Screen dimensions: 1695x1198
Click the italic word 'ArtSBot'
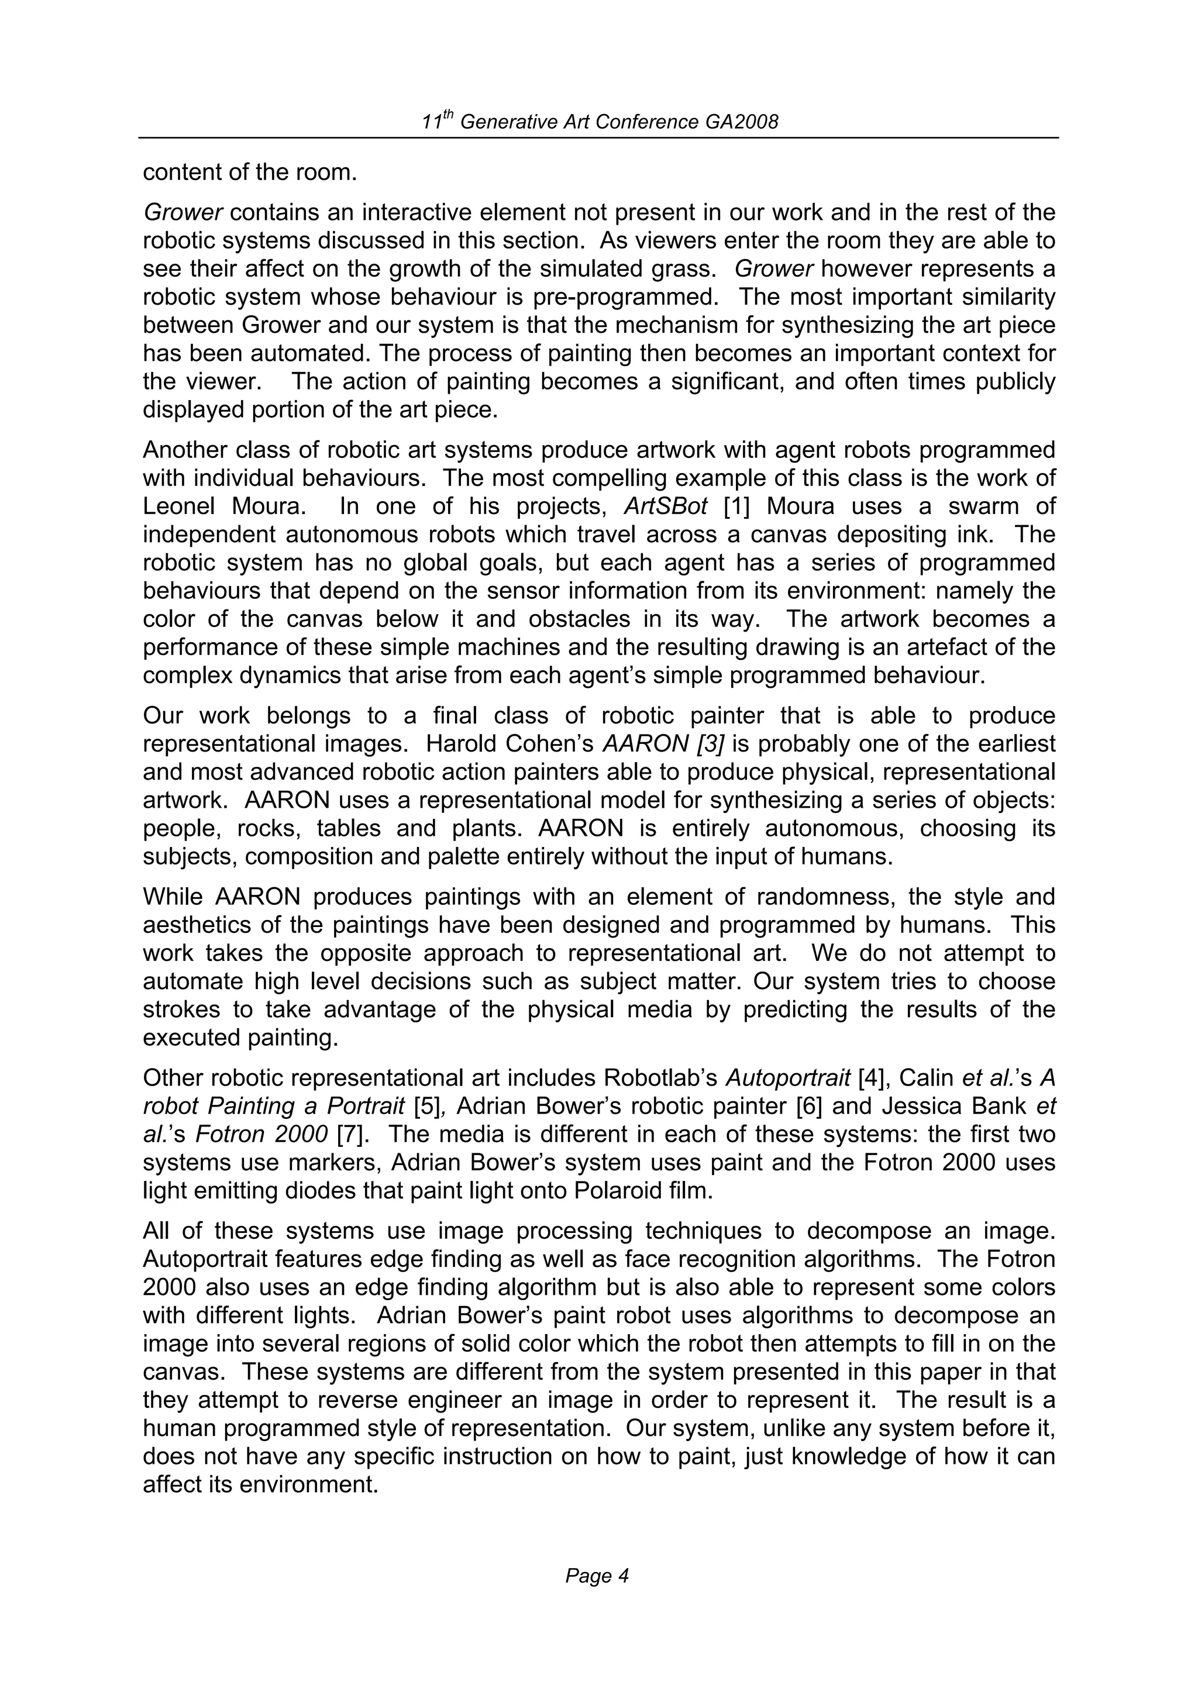point(665,507)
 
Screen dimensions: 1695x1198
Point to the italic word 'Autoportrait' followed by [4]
point(787,1079)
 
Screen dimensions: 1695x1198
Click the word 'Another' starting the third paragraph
point(190,450)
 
